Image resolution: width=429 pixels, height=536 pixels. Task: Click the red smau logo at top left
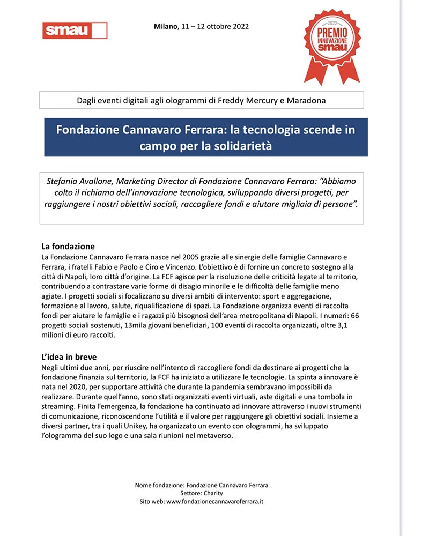[x=75, y=31]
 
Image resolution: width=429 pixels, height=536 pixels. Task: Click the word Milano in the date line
[x=165, y=26]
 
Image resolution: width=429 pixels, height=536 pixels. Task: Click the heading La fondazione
[x=68, y=247]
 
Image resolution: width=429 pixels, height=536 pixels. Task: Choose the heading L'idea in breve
[x=69, y=357]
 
